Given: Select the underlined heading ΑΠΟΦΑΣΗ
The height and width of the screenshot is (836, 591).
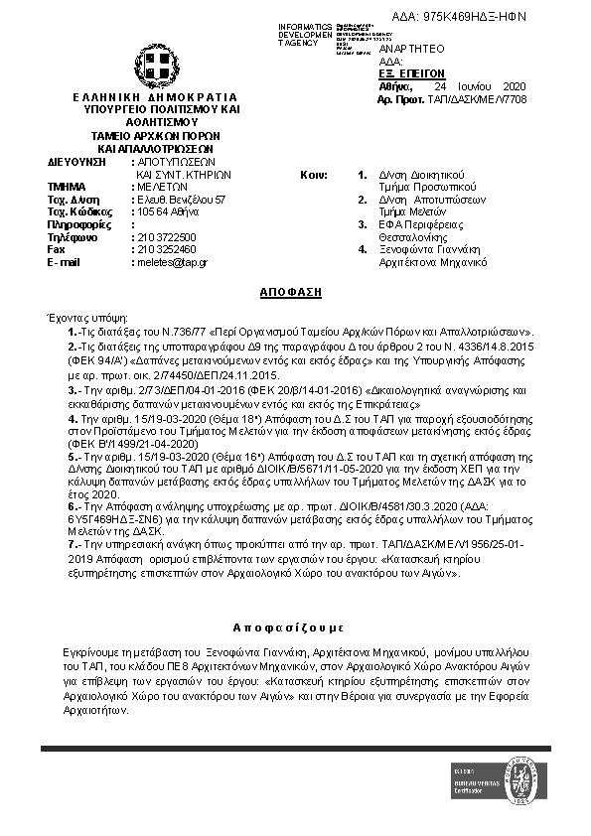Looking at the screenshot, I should [x=295, y=295].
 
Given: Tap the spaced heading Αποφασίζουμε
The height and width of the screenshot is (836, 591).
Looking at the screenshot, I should [x=288, y=627].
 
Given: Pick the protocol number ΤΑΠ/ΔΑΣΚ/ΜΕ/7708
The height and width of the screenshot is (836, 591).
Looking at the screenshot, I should [x=484, y=99].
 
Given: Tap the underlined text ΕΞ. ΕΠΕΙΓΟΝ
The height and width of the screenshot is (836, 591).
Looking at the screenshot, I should [x=412, y=73].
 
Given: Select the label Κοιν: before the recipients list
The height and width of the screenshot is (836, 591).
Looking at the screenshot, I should [x=314, y=174].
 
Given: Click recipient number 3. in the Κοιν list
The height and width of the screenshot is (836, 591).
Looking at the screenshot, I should [x=363, y=224].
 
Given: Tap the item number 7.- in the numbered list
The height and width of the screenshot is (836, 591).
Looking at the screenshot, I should [x=74, y=545].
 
